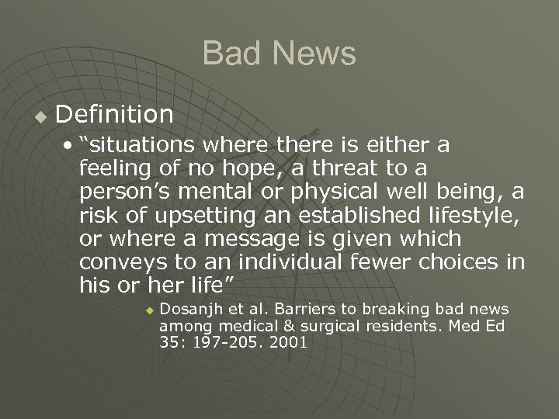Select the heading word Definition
[115, 115]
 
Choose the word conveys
[117, 262]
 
